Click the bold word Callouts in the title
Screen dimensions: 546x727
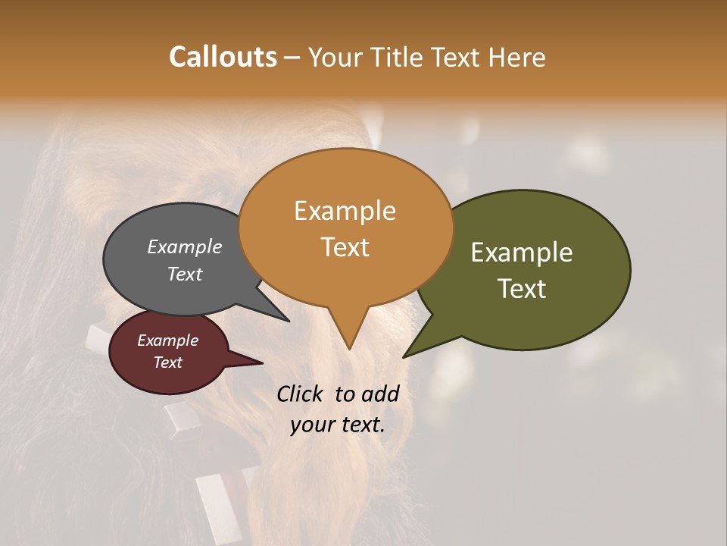(223, 57)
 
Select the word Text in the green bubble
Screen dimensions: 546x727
(523, 288)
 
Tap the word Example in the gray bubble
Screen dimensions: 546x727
(185, 246)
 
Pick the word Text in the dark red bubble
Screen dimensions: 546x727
(168, 362)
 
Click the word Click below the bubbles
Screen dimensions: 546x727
(301, 394)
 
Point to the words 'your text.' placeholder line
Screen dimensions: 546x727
(337, 425)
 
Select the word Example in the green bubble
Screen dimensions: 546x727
(522, 253)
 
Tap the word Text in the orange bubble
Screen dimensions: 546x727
(345, 247)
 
